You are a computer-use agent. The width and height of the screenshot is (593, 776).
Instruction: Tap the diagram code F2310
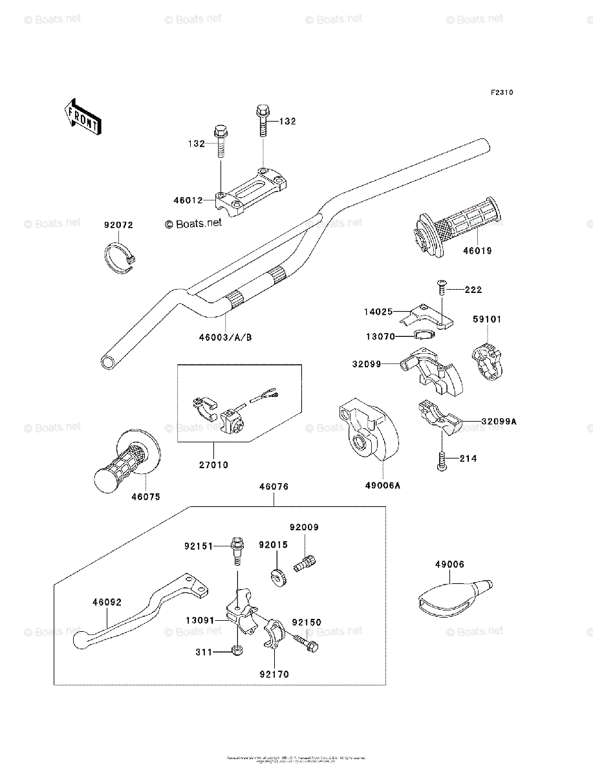point(501,93)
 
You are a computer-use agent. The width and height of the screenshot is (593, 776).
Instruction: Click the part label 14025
point(378,312)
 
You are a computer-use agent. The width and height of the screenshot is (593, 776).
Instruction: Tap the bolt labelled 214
point(442,460)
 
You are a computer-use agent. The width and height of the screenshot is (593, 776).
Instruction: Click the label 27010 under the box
point(214,465)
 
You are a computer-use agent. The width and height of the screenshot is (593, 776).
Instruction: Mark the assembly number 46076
point(274,486)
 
